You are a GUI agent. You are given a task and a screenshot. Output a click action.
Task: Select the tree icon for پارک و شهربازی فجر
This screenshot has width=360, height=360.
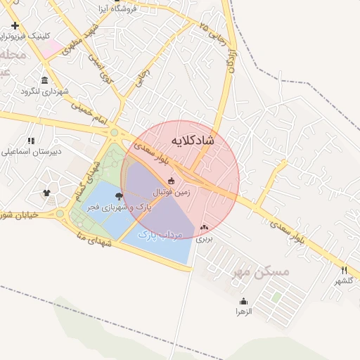tap(118, 197)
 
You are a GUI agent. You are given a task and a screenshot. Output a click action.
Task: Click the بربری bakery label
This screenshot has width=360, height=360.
tap(203, 239)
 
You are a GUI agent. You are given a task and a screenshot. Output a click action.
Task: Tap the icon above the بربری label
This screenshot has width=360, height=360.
tap(205, 228)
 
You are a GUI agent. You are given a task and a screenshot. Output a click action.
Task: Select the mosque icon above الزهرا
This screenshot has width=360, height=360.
tap(243, 301)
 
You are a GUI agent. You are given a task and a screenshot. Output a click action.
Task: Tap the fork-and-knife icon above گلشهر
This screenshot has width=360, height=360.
tap(344, 270)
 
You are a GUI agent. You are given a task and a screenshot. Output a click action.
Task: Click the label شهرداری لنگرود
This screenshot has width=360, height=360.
tap(44, 91)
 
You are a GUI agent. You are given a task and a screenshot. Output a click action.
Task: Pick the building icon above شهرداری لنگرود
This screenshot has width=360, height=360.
tap(45, 79)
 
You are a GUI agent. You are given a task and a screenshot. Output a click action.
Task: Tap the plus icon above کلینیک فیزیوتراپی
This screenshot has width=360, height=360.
tap(15, 25)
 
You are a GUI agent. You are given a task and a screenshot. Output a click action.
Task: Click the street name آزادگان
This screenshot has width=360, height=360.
tap(230, 61)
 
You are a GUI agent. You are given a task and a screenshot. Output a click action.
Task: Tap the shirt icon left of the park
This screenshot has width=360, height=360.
tap(47, 192)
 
